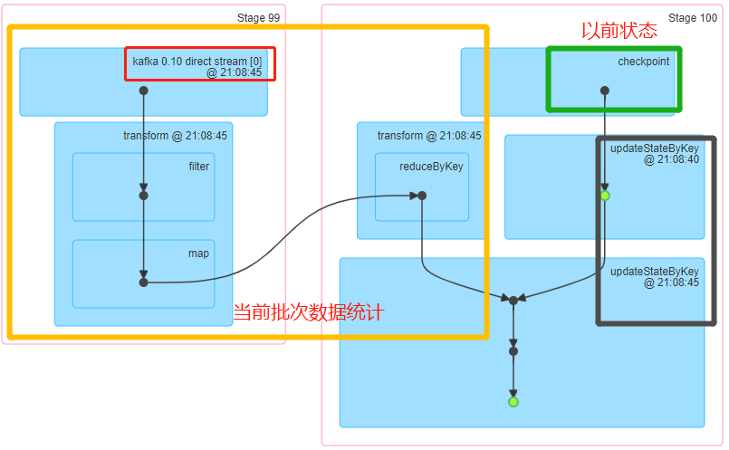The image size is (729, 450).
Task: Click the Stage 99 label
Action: (x=258, y=18)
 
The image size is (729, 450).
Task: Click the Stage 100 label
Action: (x=693, y=18)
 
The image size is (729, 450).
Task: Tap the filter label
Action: (x=199, y=167)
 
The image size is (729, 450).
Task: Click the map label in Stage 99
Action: (x=198, y=254)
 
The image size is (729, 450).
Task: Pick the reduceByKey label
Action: (x=430, y=168)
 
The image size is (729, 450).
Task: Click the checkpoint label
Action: (x=644, y=62)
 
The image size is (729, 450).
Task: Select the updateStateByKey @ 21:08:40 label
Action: (x=654, y=153)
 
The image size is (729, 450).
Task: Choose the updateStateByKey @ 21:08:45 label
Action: (x=654, y=276)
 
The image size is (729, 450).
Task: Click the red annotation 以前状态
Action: (x=619, y=30)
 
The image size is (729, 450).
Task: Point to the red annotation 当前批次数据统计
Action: (x=309, y=313)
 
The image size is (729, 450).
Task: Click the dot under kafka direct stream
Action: (x=143, y=91)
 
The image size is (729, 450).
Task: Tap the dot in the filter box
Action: (x=143, y=195)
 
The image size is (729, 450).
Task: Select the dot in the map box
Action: (x=143, y=282)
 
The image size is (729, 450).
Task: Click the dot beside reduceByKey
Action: (x=422, y=196)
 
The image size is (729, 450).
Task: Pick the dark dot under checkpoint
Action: (x=604, y=91)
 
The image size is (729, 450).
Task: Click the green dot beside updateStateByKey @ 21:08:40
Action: (x=605, y=196)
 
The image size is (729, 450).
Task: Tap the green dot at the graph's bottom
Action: (x=513, y=401)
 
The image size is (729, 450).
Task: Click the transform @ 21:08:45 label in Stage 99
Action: (x=175, y=136)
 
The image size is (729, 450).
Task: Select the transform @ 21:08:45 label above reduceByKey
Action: (x=429, y=136)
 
